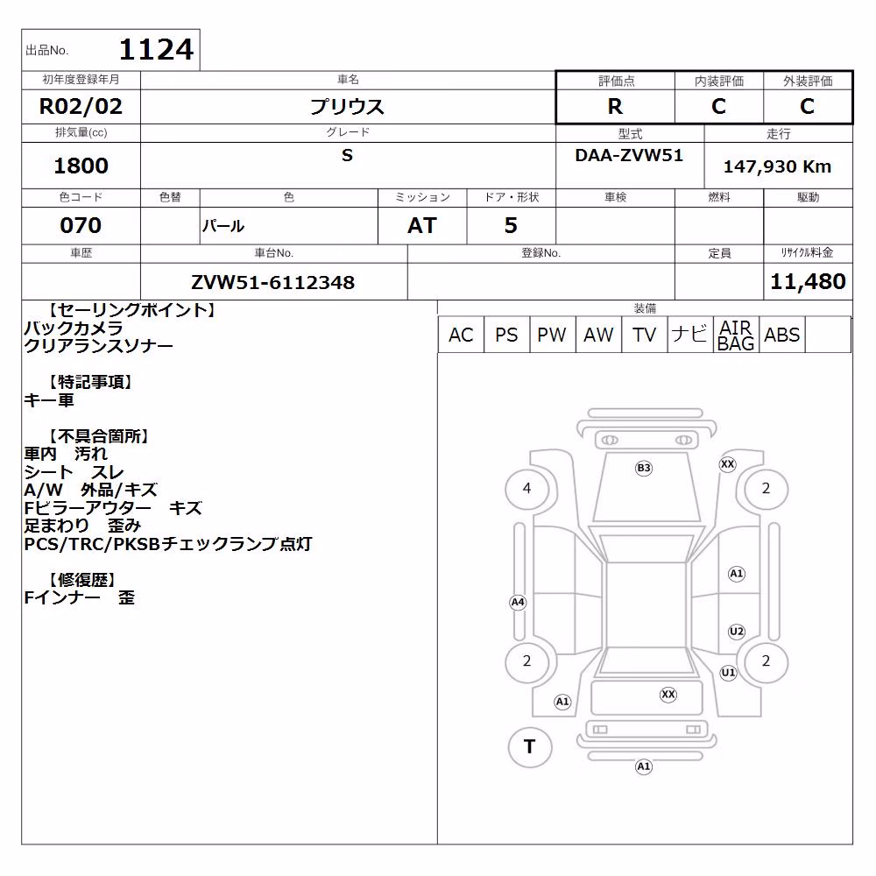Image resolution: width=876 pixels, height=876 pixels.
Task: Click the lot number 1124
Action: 157,49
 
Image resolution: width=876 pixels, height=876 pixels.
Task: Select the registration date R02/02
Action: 81,106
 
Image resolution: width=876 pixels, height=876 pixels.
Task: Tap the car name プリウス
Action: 348,106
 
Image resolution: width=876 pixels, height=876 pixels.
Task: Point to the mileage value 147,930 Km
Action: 777,166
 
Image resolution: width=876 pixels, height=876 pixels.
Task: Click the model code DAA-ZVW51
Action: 629,155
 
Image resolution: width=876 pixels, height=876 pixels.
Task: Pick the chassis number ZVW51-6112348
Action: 273,282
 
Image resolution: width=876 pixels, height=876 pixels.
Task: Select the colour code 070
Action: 81,225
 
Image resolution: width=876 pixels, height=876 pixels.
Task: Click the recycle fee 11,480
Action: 808,281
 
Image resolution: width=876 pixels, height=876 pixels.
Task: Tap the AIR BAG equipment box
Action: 736,335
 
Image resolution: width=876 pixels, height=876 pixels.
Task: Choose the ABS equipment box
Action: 782,335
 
